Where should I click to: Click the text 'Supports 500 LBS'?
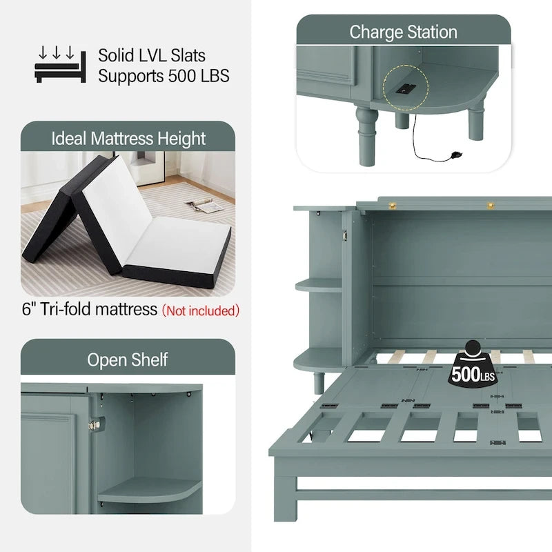(164, 75)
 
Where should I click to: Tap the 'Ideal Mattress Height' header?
(128, 138)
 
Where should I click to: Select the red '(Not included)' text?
(201, 310)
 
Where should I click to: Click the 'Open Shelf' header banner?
(128, 359)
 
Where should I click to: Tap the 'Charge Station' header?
(403, 32)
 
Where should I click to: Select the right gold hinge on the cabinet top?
(491, 204)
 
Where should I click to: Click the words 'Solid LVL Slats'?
(152, 55)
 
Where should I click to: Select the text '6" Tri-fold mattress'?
(90, 309)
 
